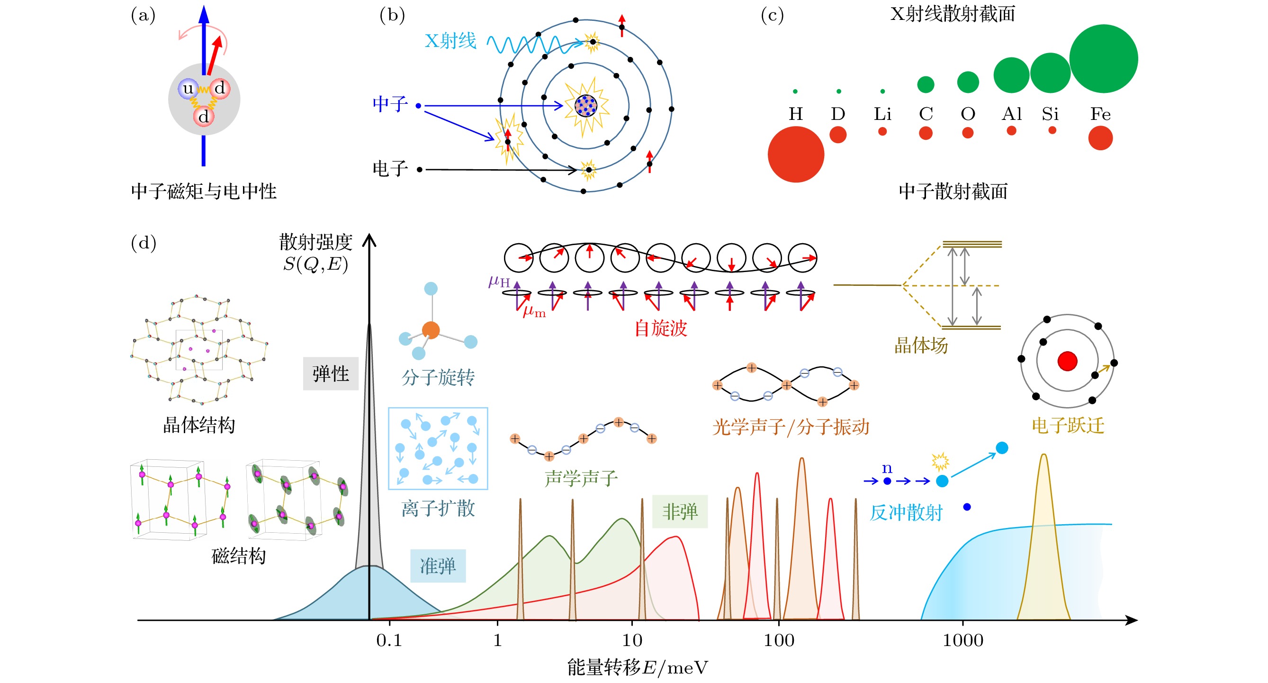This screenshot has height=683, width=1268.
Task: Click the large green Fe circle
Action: pos(1103,59)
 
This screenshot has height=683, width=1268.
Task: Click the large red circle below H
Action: pos(795,154)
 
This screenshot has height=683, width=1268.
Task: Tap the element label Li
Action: pos(882,114)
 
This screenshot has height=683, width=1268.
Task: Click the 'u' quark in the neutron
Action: pos(188,89)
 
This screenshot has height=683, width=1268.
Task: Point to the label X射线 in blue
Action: pos(450,40)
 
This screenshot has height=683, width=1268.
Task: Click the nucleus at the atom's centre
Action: pos(586,105)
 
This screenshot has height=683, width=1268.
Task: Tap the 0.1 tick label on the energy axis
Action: pos(389,640)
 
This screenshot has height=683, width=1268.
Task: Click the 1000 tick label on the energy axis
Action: pos(963,640)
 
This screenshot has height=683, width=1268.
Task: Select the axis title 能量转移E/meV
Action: pos(638,667)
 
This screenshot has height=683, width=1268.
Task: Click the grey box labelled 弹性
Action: pos(330,373)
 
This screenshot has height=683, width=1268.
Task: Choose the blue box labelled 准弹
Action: pos(438,566)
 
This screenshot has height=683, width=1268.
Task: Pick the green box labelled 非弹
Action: pos(680,511)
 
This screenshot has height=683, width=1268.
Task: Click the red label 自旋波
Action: pos(660,328)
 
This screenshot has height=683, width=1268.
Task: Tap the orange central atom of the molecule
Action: pos(431,330)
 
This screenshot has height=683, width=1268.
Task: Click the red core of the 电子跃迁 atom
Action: pos(1067,361)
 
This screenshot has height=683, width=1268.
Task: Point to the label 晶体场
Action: pos(920,345)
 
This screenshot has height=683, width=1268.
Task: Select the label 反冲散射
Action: pos(906,513)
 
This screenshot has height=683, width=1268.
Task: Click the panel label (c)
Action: pos(772,15)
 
